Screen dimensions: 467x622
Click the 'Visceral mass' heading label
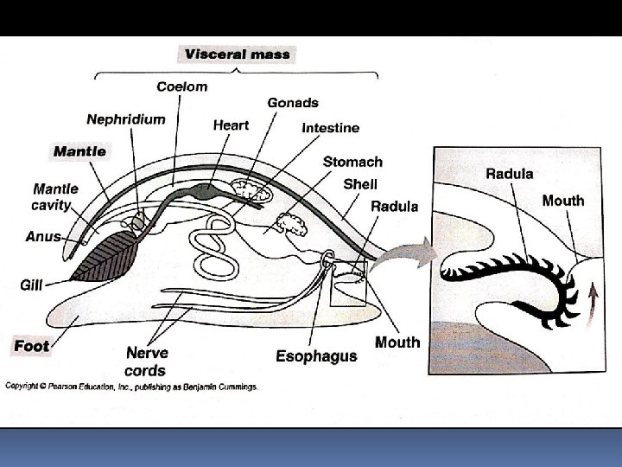pyautogui.click(x=237, y=54)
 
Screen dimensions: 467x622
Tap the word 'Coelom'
pyautogui.click(x=181, y=86)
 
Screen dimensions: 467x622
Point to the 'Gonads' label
pyautogui.click(x=293, y=102)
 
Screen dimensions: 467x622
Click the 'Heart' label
pyautogui.click(x=231, y=125)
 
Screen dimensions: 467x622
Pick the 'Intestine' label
pyautogui.click(x=330, y=128)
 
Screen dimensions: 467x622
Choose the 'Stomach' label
pyautogui.click(x=352, y=162)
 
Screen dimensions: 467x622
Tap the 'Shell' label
pyautogui.click(x=360, y=183)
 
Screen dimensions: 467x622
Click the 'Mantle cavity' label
pyautogui.click(x=55, y=196)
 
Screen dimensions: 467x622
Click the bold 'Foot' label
pyautogui.click(x=32, y=346)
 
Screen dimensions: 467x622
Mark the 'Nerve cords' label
pyautogui.click(x=147, y=361)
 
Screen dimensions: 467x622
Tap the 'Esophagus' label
pyautogui.click(x=316, y=356)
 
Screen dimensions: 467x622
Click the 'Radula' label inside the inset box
pyautogui.click(x=509, y=173)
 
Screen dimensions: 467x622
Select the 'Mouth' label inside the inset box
pyautogui.click(x=562, y=201)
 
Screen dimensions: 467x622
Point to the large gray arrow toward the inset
pyautogui.click(x=403, y=254)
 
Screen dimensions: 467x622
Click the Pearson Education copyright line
pyautogui.click(x=131, y=387)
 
